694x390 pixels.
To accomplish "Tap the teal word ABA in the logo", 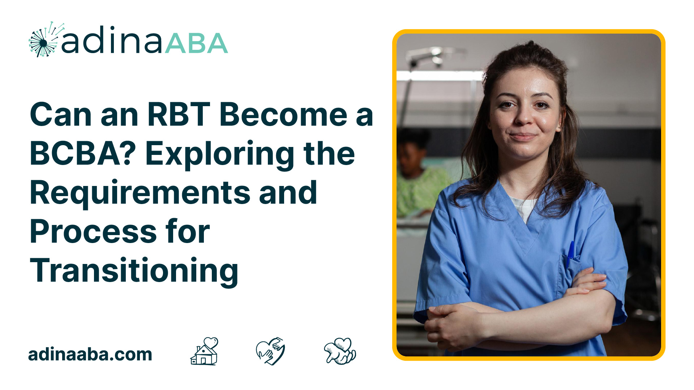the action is [x=197, y=43].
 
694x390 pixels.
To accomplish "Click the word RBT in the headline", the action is [x=179, y=114].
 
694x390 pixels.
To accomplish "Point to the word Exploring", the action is [x=220, y=155].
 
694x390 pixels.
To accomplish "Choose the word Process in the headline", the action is [x=93, y=232].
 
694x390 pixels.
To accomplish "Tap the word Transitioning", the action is [x=134, y=272].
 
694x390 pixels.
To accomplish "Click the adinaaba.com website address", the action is [x=90, y=354].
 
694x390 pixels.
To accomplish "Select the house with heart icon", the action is [x=205, y=351].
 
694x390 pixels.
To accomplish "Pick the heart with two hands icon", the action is [x=270, y=351].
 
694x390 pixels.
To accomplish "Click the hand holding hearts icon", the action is [x=340, y=351].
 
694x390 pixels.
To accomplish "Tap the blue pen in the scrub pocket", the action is [x=570, y=253].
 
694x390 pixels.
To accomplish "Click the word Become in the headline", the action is [x=283, y=114].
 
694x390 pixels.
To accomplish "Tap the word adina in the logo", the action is [x=112, y=40].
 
